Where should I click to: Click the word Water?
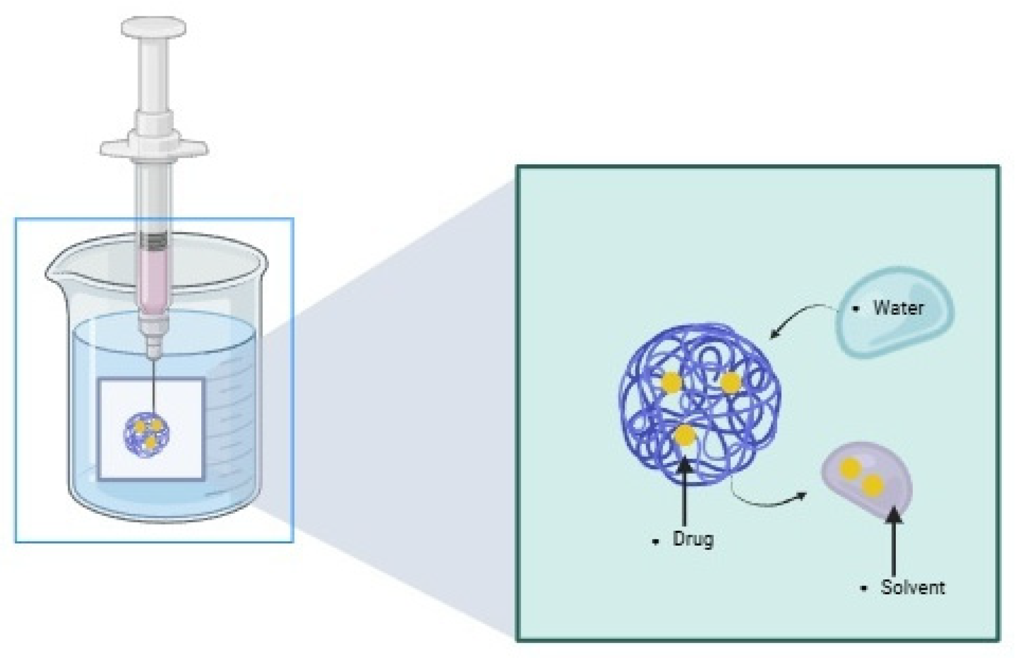pos(898,308)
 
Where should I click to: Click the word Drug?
pos(693,540)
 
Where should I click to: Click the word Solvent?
pos(912,587)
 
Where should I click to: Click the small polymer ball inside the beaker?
pos(147,433)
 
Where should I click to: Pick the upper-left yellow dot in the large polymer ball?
pos(671,382)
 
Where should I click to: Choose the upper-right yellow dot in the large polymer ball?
pos(730,382)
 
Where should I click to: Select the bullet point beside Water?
pos(855,309)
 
